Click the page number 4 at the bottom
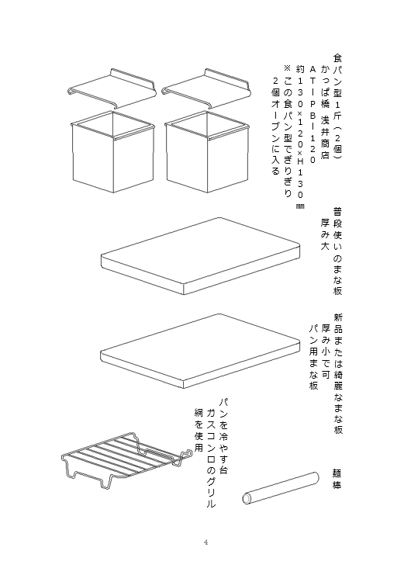[205, 542]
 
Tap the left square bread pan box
[112, 151]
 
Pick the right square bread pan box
[207, 151]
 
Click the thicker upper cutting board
[200, 255]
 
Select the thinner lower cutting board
[200, 351]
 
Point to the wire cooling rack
[126, 460]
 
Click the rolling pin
[281, 488]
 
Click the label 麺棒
[337, 479]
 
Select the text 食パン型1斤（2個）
[337, 107]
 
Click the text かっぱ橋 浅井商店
[326, 112]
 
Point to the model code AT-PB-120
[313, 114]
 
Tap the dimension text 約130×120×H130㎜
[300, 137]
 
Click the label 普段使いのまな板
[337, 251]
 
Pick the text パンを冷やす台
[223, 436]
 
